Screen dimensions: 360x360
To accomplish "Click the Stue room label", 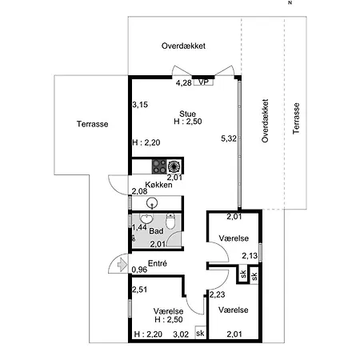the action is [x=188, y=114].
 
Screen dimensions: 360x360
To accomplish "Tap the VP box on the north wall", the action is [x=203, y=82].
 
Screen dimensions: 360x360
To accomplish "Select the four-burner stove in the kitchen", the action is [x=159, y=166].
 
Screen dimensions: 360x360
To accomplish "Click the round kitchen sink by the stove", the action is [x=174, y=166].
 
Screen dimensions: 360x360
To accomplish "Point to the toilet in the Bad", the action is [x=170, y=221].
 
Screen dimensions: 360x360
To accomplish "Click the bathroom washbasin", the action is [x=146, y=218].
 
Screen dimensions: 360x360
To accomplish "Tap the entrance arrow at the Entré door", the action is [x=122, y=265].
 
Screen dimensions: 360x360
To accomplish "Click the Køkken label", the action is [x=158, y=185].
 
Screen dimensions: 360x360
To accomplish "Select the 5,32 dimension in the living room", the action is [x=229, y=138].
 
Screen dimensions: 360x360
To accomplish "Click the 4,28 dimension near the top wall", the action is [x=184, y=83].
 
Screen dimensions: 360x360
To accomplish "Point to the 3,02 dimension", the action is [x=181, y=334].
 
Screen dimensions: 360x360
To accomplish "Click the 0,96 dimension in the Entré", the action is [x=139, y=270].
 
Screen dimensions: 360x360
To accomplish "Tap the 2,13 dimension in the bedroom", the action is [x=250, y=256].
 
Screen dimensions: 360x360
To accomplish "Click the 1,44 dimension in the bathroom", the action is [x=139, y=227].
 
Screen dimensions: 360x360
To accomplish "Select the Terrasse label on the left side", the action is [x=93, y=124].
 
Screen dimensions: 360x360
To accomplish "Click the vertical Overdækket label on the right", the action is [x=265, y=121].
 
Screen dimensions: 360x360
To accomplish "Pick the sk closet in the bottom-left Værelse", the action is [x=200, y=333].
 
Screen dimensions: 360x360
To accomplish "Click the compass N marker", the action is [x=290, y=3].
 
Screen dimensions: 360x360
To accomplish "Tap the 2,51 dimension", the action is [x=139, y=290].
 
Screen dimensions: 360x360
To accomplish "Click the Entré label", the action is [x=158, y=263].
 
